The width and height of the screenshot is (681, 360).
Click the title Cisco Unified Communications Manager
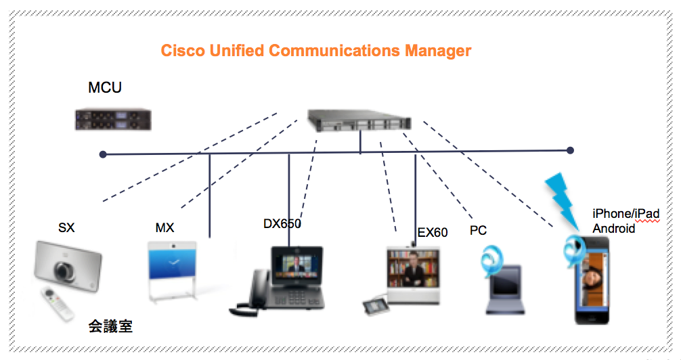pos(315,51)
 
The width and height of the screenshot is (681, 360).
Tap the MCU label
pos(105,87)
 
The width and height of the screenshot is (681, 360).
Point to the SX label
pos(66,228)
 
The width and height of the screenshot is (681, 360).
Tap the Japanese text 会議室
pos(110,327)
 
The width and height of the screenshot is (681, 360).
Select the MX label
pos(164,228)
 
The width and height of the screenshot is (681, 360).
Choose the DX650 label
pos(282,224)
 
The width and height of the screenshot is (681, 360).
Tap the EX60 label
pos(433,233)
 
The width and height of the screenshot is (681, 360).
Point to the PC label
pos(479,231)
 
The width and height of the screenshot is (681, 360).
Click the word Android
pos(614,228)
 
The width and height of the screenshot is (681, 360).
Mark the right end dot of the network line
pos(571,150)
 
